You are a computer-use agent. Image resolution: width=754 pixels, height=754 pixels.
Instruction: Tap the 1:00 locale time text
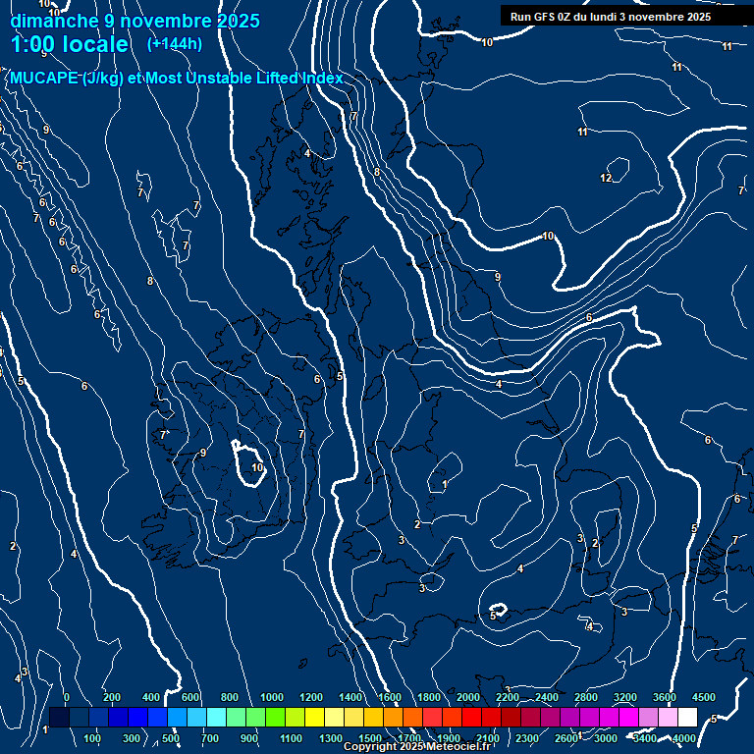69,44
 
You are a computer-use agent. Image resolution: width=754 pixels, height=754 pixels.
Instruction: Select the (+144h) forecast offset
174,43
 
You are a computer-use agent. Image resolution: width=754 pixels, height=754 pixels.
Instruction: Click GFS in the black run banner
548,17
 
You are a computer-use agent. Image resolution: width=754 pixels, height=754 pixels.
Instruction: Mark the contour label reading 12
606,178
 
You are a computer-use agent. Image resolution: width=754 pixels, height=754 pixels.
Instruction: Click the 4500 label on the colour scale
704,696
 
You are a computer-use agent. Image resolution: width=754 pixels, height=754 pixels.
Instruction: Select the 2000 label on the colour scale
468,696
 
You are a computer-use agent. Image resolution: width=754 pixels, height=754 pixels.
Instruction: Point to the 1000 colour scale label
272,696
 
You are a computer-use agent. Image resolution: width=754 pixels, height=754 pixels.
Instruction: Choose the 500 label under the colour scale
171,738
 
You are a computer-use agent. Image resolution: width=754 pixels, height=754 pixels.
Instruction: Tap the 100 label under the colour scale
93,738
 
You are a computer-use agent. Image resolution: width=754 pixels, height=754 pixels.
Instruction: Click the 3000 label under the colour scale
606,738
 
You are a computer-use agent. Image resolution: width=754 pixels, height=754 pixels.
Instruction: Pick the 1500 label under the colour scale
370,738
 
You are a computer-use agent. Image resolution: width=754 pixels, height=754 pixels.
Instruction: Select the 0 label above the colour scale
66,696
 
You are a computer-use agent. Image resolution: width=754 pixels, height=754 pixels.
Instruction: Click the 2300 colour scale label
527,738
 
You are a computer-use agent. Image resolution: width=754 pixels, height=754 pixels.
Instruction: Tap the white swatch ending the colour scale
687,717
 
